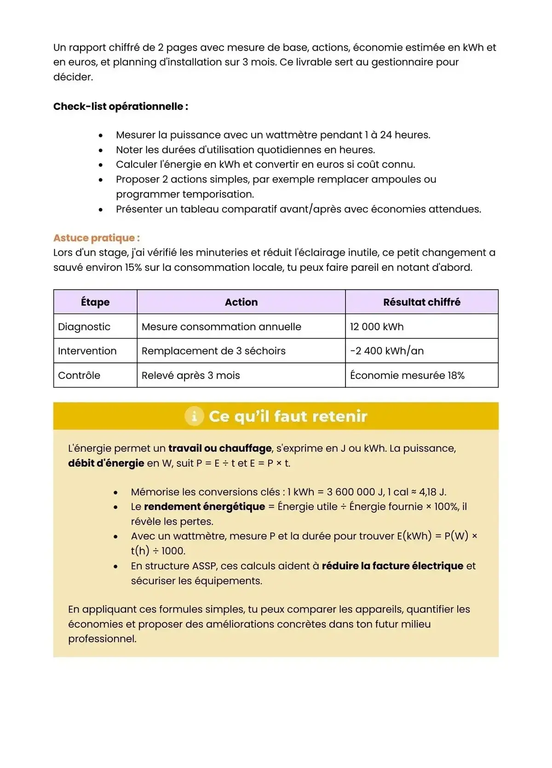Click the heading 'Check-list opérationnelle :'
pos(121,106)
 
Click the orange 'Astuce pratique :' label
pos(96,238)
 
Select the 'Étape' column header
pos(95,302)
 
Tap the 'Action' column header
pos(241,302)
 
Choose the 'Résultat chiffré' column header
pos(421,302)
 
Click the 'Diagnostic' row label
pos(84,327)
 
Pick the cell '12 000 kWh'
pos(377,327)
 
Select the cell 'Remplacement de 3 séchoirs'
pos(213,351)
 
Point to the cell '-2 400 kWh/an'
pos(386,351)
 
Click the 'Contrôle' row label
pos(79,375)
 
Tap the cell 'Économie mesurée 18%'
pos(407,375)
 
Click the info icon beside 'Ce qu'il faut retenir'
pos(194,416)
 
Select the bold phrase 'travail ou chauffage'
pos(220,448)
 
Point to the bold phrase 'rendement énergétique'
pos(204,506)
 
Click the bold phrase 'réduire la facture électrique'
pos(392,566)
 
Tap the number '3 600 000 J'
pos(355,492)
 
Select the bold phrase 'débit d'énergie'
pos(106,463)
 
